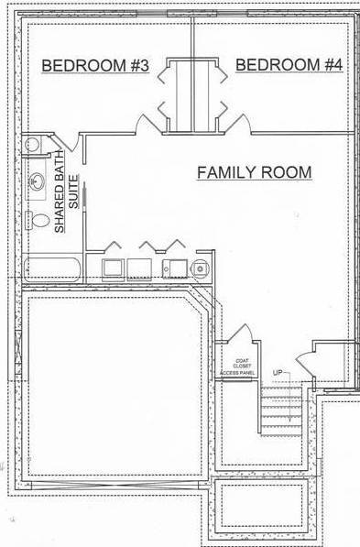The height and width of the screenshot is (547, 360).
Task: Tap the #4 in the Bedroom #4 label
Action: pos(331,65)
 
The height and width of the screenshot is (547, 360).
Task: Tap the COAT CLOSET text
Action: pos(244,364)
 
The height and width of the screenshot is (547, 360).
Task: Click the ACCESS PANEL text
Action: pos(237,373)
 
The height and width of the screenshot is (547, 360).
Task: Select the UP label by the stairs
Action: pos(277,372)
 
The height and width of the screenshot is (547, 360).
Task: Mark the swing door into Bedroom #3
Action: pos(147,122)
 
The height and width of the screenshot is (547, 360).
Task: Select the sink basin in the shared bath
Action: pos(38,182)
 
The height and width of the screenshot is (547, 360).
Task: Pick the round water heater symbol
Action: pos(200,268)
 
